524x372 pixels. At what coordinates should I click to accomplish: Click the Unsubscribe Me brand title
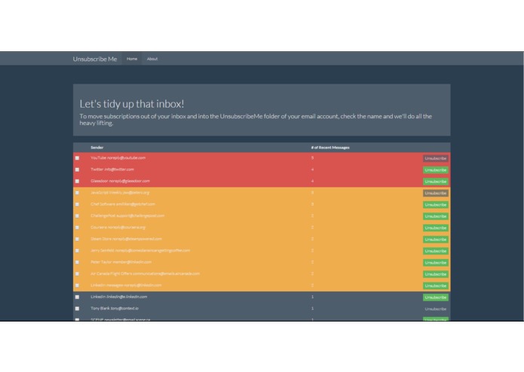(94, 59)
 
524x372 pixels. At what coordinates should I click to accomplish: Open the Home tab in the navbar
(132, 59)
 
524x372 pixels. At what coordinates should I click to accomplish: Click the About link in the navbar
(152, 59)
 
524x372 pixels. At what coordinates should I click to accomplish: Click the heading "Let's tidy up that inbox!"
(132, 104)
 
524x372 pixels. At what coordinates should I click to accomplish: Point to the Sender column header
(97, 148)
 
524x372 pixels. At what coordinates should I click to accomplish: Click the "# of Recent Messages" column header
(330, 148)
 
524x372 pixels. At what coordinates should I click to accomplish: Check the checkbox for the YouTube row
(77, 158)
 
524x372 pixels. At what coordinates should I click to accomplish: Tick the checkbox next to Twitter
(77, 169)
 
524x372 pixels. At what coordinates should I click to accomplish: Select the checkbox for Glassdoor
(77, 181)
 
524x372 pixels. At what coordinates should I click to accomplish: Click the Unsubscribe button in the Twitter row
(435, 170)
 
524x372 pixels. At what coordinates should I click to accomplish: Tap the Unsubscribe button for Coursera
(435, 227)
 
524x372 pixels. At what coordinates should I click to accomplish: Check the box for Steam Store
(77, 239)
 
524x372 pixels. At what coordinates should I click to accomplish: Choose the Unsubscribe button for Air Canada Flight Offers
(435, 274)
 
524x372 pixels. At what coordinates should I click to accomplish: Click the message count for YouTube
(312, 158)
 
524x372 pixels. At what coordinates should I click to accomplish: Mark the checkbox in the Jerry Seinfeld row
(77, 251)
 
